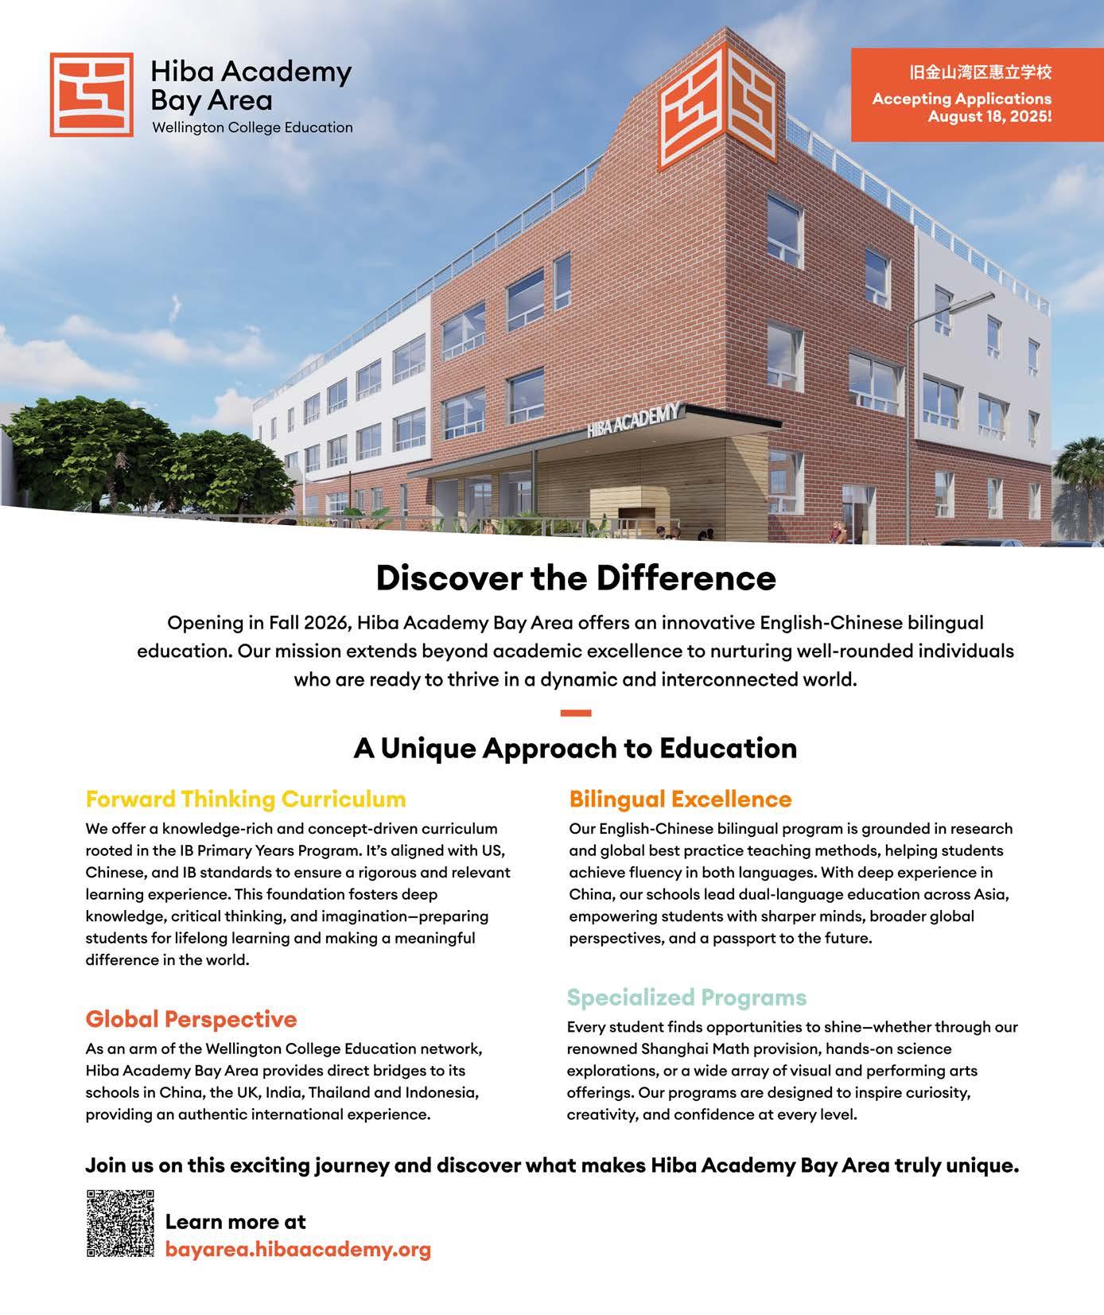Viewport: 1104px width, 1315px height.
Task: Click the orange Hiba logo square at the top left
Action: [x=91, y=94]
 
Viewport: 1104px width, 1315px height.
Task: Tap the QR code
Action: [x=119, y=1224]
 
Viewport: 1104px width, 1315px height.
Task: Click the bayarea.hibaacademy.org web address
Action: [x=297, y=1248]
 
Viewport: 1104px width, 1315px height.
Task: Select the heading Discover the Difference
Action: [x=575, y=578]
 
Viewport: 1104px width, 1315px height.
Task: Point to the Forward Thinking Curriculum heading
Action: [x=246, y=799]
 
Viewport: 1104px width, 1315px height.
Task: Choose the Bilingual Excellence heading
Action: [x=680, y=799]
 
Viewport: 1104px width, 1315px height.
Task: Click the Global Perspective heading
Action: [x=191, y=1018]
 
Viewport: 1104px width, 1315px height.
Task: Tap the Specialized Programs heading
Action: [x=686, y=997]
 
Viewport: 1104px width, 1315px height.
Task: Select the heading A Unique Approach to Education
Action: [x=575, y=748]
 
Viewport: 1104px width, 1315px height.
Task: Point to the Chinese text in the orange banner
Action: [x=980, y=73]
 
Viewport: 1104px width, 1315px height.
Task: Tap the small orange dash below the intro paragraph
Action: [x=575, y=713]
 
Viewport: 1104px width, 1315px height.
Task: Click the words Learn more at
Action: [x=235, y=1221]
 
